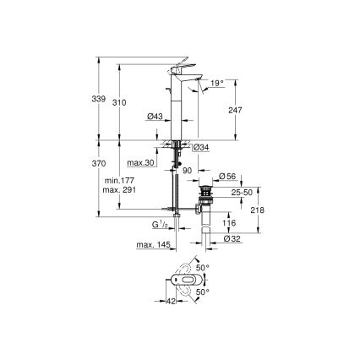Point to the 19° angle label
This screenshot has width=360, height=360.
[x=218, y=83]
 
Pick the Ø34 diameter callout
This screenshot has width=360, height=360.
[x=201, y=149]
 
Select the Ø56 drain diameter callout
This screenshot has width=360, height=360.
[x=226, y=176]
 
